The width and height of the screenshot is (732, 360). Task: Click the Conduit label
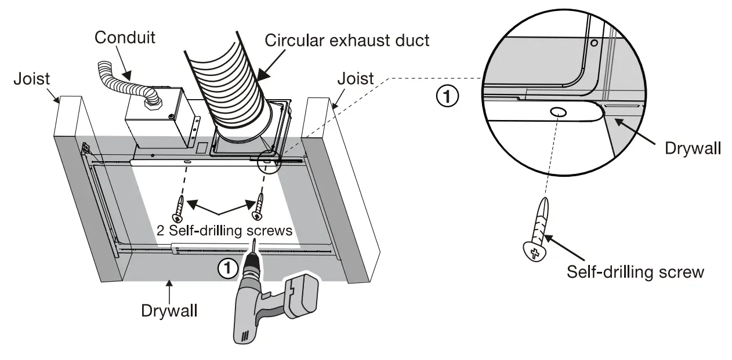point(125,38)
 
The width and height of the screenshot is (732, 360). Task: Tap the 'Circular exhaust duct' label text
point(347,40)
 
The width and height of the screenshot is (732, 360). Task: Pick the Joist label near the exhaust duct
point(356,78)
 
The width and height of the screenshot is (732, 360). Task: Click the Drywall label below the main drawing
point(169,310)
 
